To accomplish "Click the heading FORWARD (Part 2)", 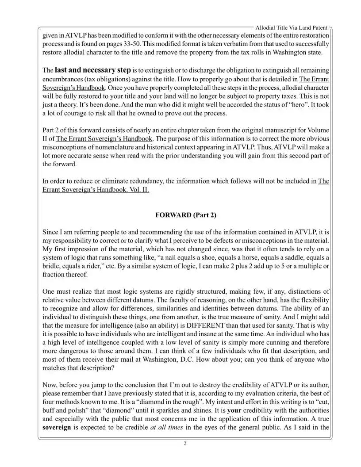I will tap(186, 215).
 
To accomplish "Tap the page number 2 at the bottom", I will tap(185, 444).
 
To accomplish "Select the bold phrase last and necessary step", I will tap(92, 70).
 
